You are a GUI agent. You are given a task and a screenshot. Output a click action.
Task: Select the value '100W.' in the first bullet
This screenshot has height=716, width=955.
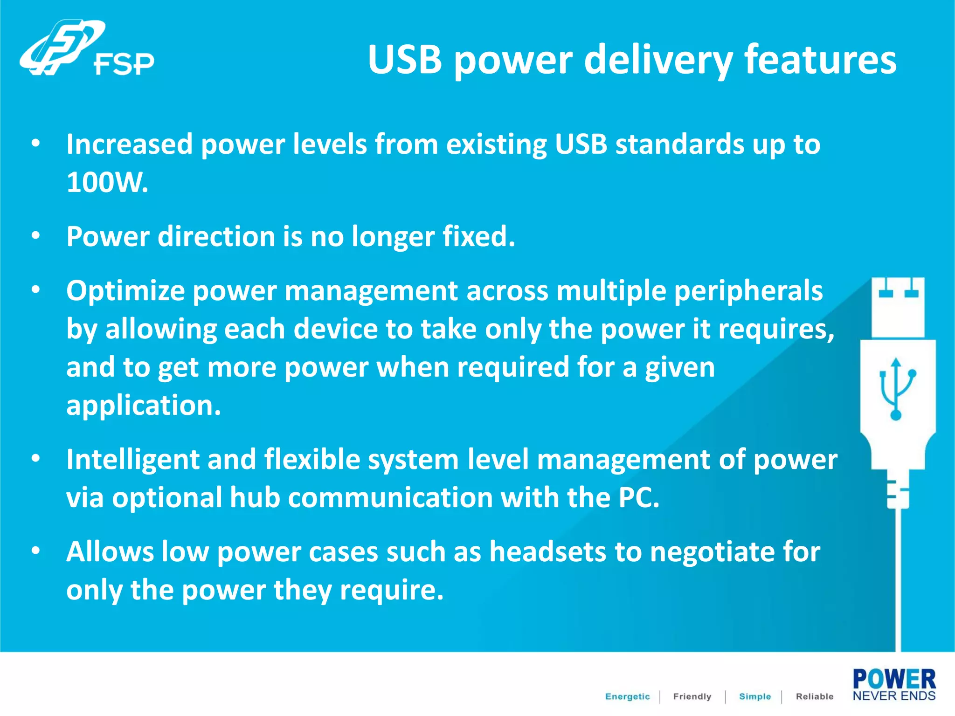[x=107, y=182]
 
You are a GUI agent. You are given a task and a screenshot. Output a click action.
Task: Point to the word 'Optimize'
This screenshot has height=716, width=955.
[x=125, y=291]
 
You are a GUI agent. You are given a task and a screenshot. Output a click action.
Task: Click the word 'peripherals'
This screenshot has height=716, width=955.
[x=748, y=291]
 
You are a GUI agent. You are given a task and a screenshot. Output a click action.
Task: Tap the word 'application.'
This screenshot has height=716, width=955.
[x=144, y=405]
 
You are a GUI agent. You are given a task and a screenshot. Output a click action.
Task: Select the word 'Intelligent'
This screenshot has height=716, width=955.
[x=132, y=460]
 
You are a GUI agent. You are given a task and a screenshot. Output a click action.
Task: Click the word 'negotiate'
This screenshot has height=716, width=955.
[x=712, y=552]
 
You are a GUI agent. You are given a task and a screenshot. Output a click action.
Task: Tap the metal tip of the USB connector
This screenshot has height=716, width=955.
[x=898, y=308]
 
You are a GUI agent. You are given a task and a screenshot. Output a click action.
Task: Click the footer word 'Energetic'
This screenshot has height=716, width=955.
[x=627, y=696]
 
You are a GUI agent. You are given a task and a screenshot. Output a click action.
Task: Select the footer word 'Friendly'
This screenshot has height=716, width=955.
[x=692, y=696]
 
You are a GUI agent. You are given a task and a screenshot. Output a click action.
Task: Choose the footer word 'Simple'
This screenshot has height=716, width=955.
[x=754, y=696]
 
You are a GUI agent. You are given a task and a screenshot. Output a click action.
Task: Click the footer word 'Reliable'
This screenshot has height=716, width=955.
[x=814, y=696]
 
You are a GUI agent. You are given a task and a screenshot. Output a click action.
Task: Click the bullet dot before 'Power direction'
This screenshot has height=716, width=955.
[x=36, y=236]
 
